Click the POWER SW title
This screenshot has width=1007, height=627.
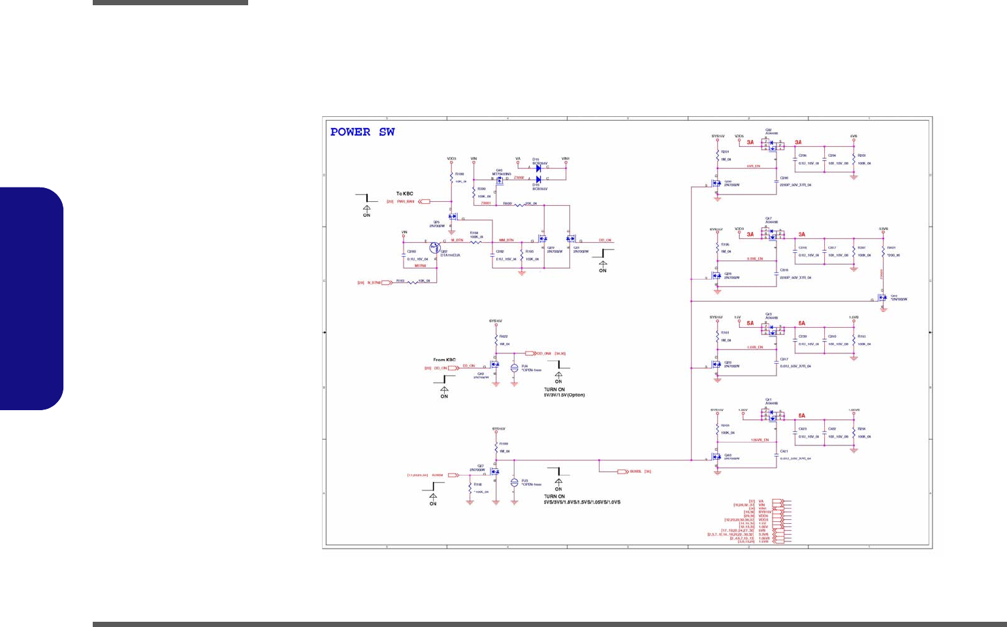click(x=362, y=132)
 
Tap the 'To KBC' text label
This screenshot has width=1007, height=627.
click(x=405, y=194)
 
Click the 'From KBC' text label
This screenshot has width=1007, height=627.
click(x=444, y=360)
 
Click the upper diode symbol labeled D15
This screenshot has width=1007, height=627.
click(x=538, y=168)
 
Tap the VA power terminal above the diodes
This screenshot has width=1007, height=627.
click(x=518, y=162)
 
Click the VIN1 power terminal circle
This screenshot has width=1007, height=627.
click(x=566, y=162)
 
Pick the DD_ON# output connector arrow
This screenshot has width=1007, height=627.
click(x=530, y=353)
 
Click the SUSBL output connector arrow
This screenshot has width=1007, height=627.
click(x=622, y=472)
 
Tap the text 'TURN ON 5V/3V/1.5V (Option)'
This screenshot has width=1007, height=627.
click(x=564, y=393)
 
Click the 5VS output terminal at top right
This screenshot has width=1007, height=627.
click(x=854, y=140)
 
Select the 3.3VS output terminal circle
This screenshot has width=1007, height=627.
click(x=883, y=233)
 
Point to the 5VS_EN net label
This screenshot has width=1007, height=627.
click(x=753, y=167)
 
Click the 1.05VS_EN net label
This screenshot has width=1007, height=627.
click(x=759, y=440)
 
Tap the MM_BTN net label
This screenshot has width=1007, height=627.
click(x=506, y=240)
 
